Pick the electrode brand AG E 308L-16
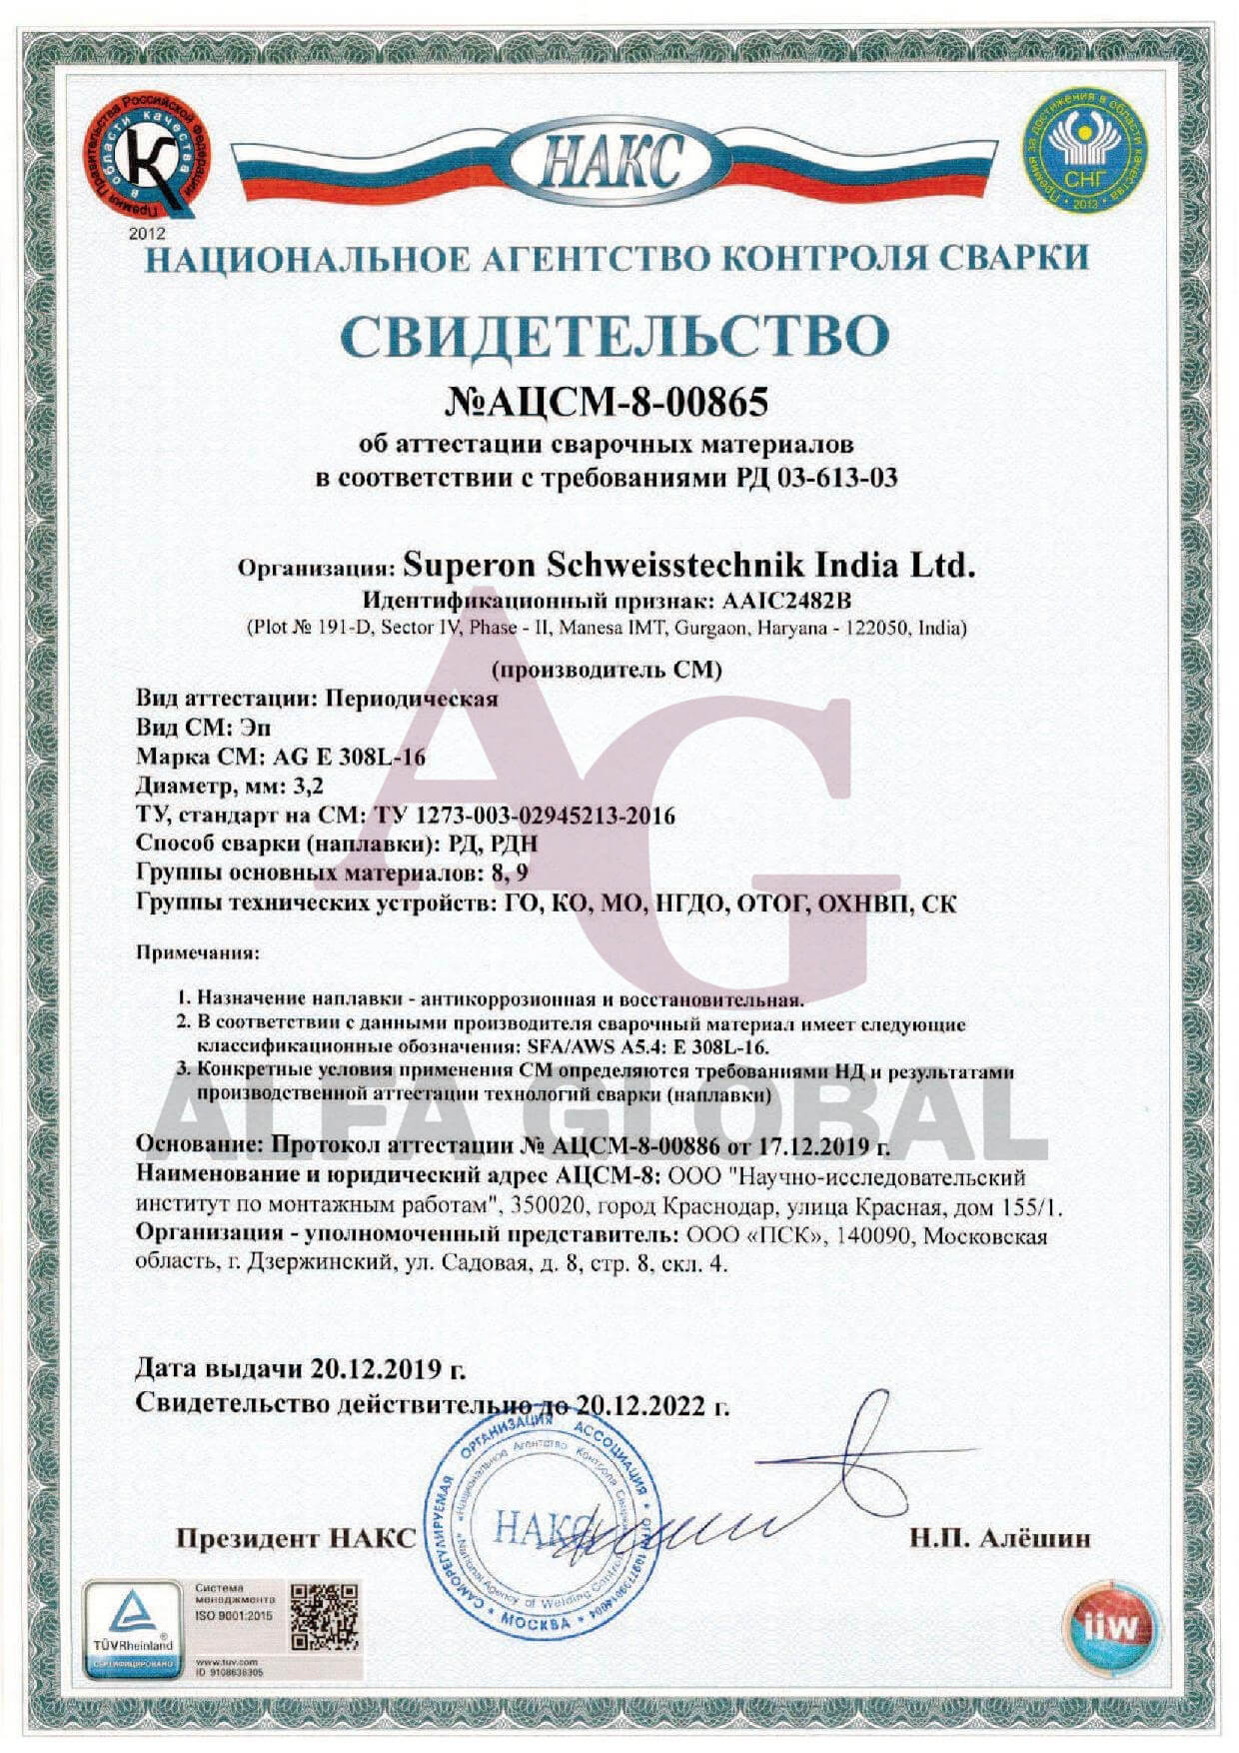349,757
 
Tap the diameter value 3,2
309,786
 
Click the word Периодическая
413,698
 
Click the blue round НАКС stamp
545,1523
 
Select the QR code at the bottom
325,1617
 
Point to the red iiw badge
1110,1626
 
